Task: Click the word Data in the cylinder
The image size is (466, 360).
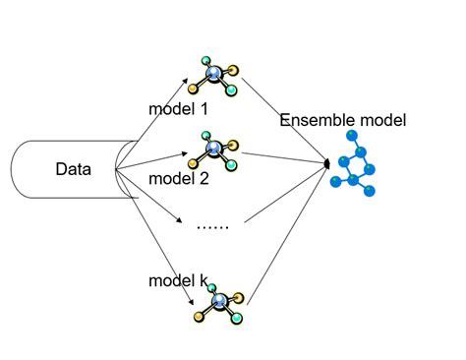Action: point(72,170)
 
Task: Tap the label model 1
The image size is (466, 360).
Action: point(178,106)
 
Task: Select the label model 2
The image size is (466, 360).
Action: point(178,179)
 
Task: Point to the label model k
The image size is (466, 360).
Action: point(178,281)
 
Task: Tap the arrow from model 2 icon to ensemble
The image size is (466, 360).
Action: point(285,156)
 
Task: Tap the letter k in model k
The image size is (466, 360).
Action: point(204,281)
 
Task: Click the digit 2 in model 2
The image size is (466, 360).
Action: point(204,179)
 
